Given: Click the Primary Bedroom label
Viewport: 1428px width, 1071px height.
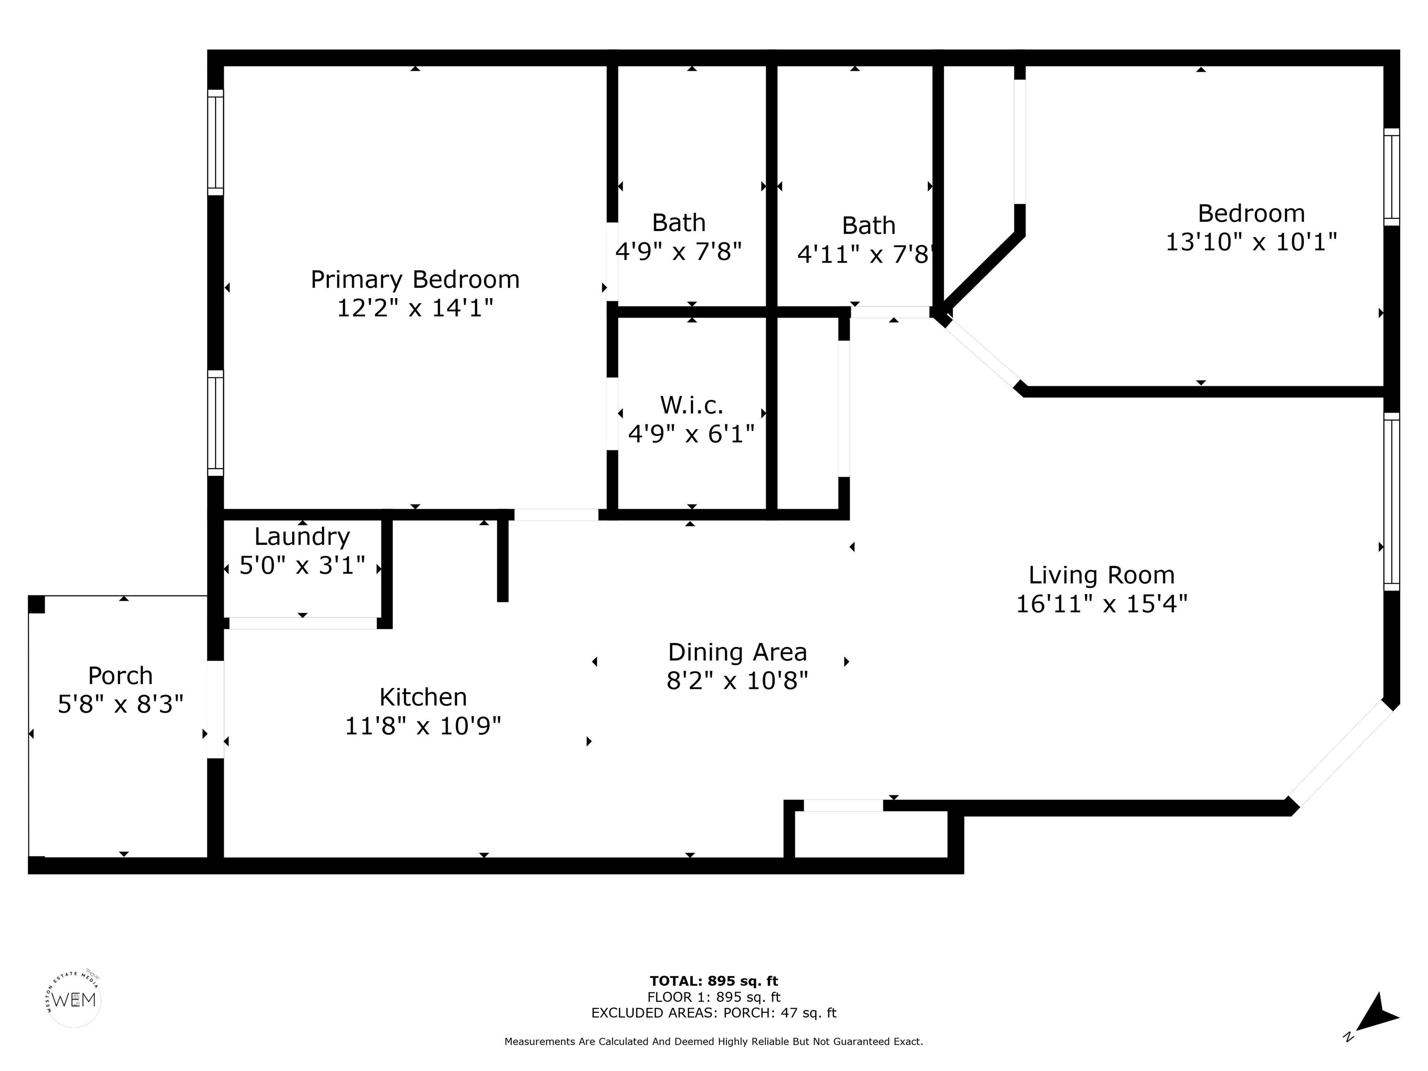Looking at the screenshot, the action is (x=415, y=279).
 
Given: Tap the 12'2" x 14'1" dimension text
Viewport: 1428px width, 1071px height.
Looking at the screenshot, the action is (x=415, y=308).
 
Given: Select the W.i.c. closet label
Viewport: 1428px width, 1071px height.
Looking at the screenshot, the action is (x=691, y=405).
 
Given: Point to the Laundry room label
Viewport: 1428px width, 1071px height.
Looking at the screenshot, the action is (x=302, y=537).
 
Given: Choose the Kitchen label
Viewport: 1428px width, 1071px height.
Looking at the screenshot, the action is (x=423, y=697).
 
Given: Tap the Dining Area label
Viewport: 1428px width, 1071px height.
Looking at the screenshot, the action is (x=737, y=652).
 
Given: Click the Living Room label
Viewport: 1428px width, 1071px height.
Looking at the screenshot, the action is (x=1101, y=575).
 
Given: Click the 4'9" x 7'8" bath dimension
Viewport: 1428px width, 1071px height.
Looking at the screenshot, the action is (x=679, y=251).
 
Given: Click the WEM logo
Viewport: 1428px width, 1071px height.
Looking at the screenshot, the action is (x=74, y=1000).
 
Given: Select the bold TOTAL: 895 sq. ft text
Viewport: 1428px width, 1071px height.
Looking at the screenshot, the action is (x=714, y=982).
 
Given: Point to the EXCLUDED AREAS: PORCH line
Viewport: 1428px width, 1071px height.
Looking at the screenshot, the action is (x=714, y=1013).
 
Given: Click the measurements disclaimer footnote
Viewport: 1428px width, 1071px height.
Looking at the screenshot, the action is (x=714, y=1041).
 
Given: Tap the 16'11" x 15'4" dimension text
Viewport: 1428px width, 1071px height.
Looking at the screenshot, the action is (x=1101, y=604).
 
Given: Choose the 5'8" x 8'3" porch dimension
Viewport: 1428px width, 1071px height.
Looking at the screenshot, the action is (x=121, y=704).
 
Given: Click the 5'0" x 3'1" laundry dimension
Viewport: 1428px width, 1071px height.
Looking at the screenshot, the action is (x=302, y=566).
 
